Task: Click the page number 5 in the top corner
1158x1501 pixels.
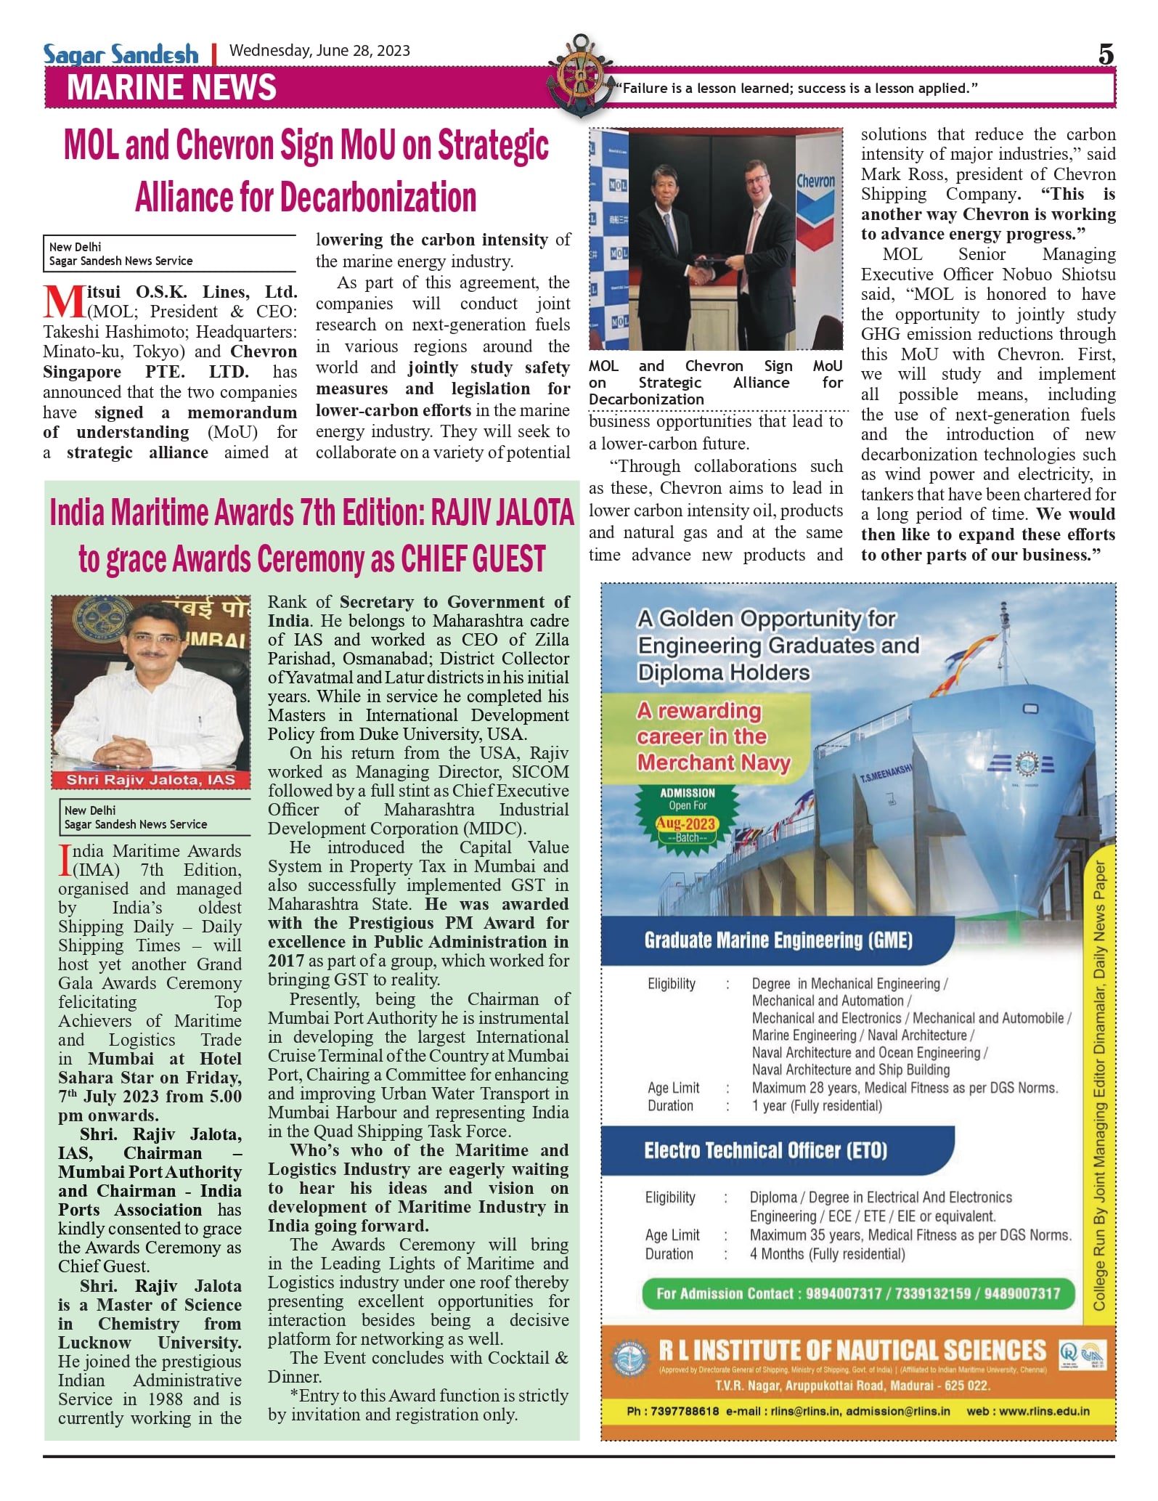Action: [x=1105, y=54]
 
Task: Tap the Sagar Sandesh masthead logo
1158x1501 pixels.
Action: [x=121, y=54]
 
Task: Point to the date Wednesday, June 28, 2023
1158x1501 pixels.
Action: [x=319, y=51]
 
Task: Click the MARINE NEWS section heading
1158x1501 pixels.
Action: [x=171, y=87]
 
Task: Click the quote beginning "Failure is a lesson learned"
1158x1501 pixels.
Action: [x=796, y=89]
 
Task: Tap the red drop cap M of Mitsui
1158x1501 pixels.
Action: [x=64, y=301]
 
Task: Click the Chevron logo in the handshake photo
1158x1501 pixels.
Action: [x=815, y=196]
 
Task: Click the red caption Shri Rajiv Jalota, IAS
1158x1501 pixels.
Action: [x=151, y=780]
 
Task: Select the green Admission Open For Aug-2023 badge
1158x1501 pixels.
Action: [x=687, y=815]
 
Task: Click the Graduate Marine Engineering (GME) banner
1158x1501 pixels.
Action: [x=778, y=940]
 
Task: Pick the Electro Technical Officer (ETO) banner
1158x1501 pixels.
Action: [x=765, y=1150]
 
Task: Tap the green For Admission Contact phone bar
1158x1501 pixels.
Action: [x=858, y=1293]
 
